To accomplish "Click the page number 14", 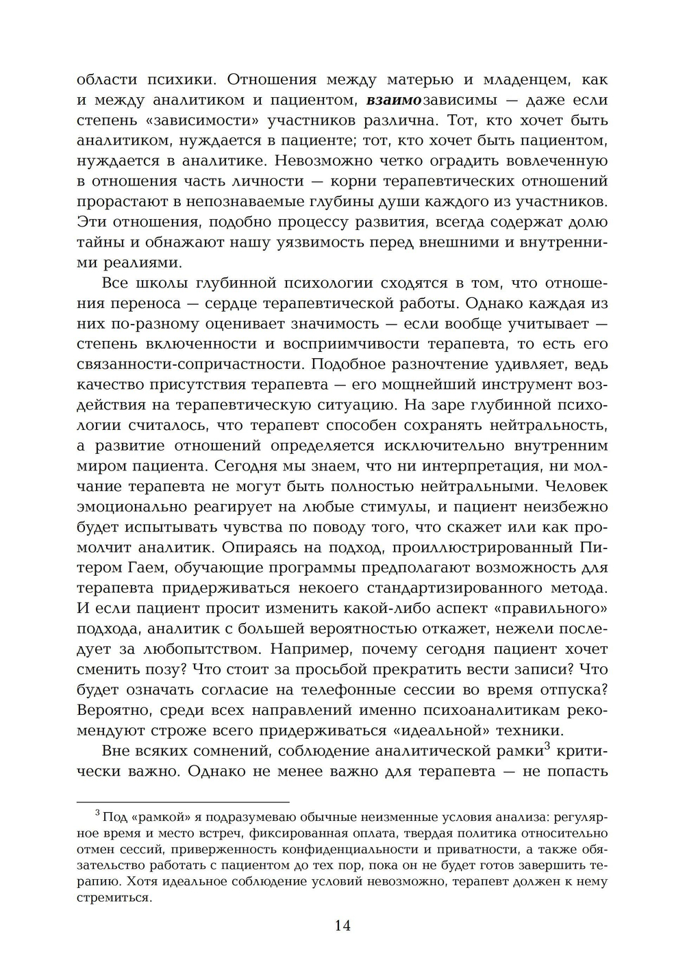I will [x=342, y=926].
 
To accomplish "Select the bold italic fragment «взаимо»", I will [x=394, y=100].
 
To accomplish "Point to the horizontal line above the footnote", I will [x=183, y=801].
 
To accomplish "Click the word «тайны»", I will [x=100, y=242].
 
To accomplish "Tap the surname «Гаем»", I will [x=149, y=568].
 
